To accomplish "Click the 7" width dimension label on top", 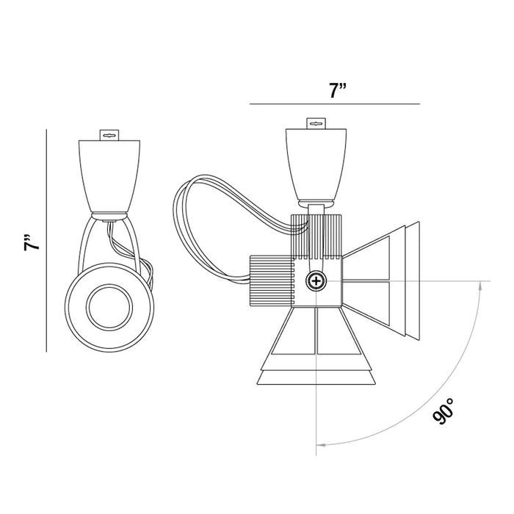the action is [x=338, y=91].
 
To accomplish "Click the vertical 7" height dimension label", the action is [x=32, y=242].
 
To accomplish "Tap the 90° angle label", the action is [x=444, y=411].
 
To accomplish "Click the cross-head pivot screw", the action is [x=316, y=281].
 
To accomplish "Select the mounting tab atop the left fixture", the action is [x=109, y=135].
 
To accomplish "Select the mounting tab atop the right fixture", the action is [x=316, y=123].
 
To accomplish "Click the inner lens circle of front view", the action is [x=109, y=307].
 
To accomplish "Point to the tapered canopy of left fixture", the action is [x=109, y=176].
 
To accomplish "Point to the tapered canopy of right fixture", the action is [x=316, y=165].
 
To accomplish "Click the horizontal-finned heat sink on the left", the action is [x=272, y=281].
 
